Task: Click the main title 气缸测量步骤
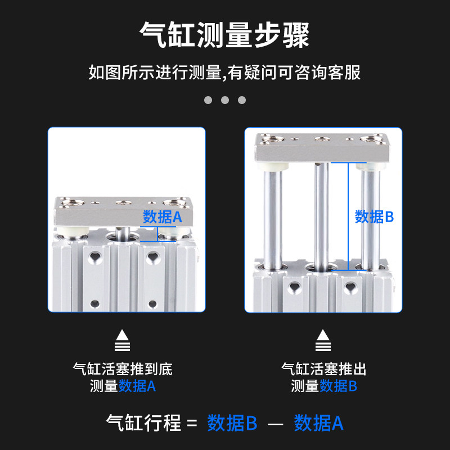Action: [224, 35]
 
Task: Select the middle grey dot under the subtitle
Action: [225, 100]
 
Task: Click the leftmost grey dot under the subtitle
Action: [208, 100]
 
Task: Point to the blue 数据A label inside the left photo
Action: [163, 217]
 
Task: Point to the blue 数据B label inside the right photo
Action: [374, 217]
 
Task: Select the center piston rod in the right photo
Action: [320, 214]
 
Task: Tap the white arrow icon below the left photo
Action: [122, 339]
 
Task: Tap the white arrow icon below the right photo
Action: [323, 339]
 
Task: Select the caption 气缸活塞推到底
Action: [123, 370]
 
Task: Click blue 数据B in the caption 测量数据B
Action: [339, 386]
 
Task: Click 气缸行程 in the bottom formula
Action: [144, 423]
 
